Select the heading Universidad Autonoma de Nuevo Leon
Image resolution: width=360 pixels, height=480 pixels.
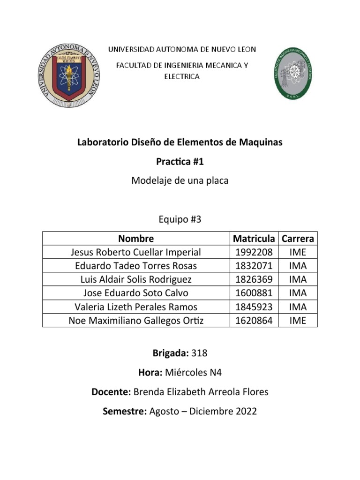[x=182, y=49]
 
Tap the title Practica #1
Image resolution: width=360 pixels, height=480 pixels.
[x=180, y=161]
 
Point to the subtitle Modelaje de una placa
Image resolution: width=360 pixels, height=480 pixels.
[x=180, y=180]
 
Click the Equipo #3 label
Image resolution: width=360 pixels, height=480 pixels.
[x=180, y=219]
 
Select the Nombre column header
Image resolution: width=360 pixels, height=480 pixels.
[x=136, y=239]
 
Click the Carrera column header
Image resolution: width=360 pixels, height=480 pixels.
[x=298, y=239]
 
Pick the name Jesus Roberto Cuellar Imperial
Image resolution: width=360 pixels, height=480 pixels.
[x=136, y=252]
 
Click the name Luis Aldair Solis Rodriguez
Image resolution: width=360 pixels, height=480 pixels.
[x=136, y=279]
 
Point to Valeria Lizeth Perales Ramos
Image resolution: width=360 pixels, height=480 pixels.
[x=136, y=307]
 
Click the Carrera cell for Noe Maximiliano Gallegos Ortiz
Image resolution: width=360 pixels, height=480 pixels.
[x=298, y=320]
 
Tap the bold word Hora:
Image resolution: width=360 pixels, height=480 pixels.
[x=149, y=372]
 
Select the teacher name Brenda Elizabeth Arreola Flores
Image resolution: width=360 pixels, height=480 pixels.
[x=201, y=391]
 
